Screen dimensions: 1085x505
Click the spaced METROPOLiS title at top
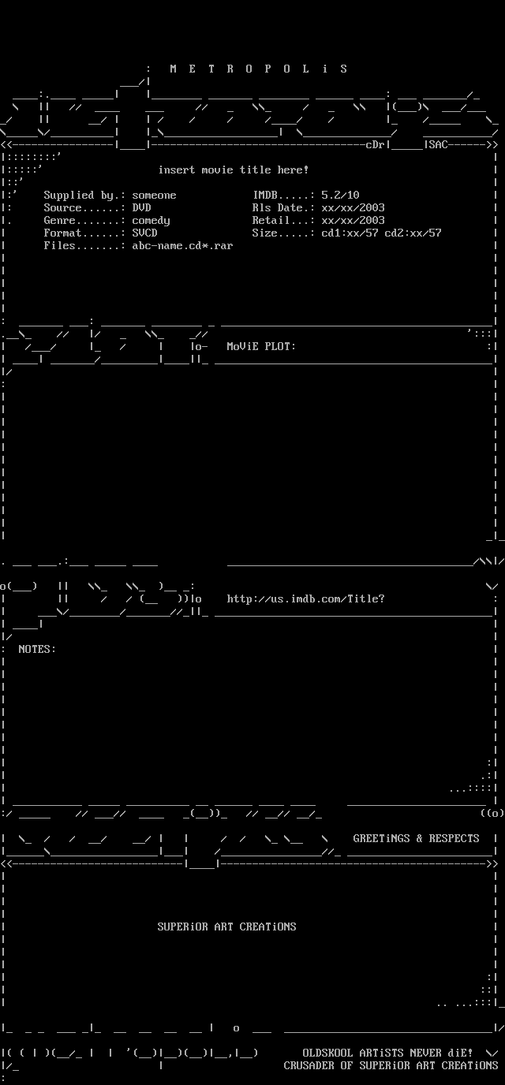click(258, 69)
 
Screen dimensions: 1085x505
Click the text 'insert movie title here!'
click(234, 170)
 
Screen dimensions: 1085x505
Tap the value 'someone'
click(154, 196)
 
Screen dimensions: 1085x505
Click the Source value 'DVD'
click(141, 208)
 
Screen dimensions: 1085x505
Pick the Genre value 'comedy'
click(151, 221)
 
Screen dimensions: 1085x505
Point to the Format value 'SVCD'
click(144, 233)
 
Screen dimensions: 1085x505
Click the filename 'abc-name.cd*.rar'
click(182, 246)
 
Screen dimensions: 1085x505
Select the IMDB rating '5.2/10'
click(340, 196)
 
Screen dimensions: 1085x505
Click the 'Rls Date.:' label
click(283, 208)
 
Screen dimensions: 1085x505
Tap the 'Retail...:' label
click(283, 221)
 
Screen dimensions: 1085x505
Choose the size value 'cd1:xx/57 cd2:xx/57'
click(381, 233)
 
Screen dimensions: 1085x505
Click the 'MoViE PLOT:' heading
click(261, 347)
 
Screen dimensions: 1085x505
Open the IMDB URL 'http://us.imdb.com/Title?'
click(305, 599)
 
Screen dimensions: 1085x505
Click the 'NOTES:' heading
click(37, 650)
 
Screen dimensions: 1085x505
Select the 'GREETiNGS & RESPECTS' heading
click(416, 839)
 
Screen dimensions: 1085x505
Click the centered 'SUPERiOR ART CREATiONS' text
click(226, 927)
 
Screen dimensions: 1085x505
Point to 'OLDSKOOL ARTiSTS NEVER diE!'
click(387, 1053)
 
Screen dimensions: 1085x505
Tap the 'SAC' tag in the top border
click(438, 145)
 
